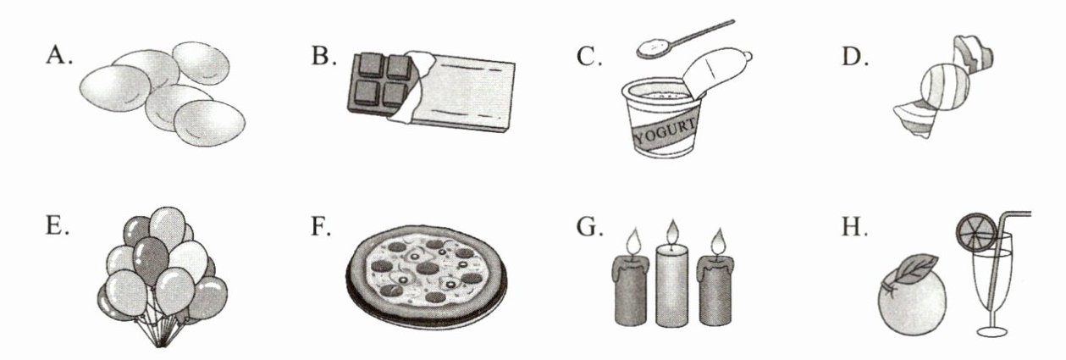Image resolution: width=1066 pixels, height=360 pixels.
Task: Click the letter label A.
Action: (x=59, y=56)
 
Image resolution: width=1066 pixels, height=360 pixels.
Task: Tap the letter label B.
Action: (x=324, y=56)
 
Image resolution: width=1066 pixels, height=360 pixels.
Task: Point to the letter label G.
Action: (x=590, y=227)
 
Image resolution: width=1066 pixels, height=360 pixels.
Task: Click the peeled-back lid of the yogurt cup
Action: (x=715, y=71)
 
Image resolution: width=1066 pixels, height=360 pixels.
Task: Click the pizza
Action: (x=427, y=276)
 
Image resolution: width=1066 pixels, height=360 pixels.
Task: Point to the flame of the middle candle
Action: (x=672, y=232)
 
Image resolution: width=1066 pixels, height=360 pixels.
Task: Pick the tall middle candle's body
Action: (x=672, y=285)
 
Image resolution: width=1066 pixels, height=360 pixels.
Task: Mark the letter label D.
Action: (x=855, y=57)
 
